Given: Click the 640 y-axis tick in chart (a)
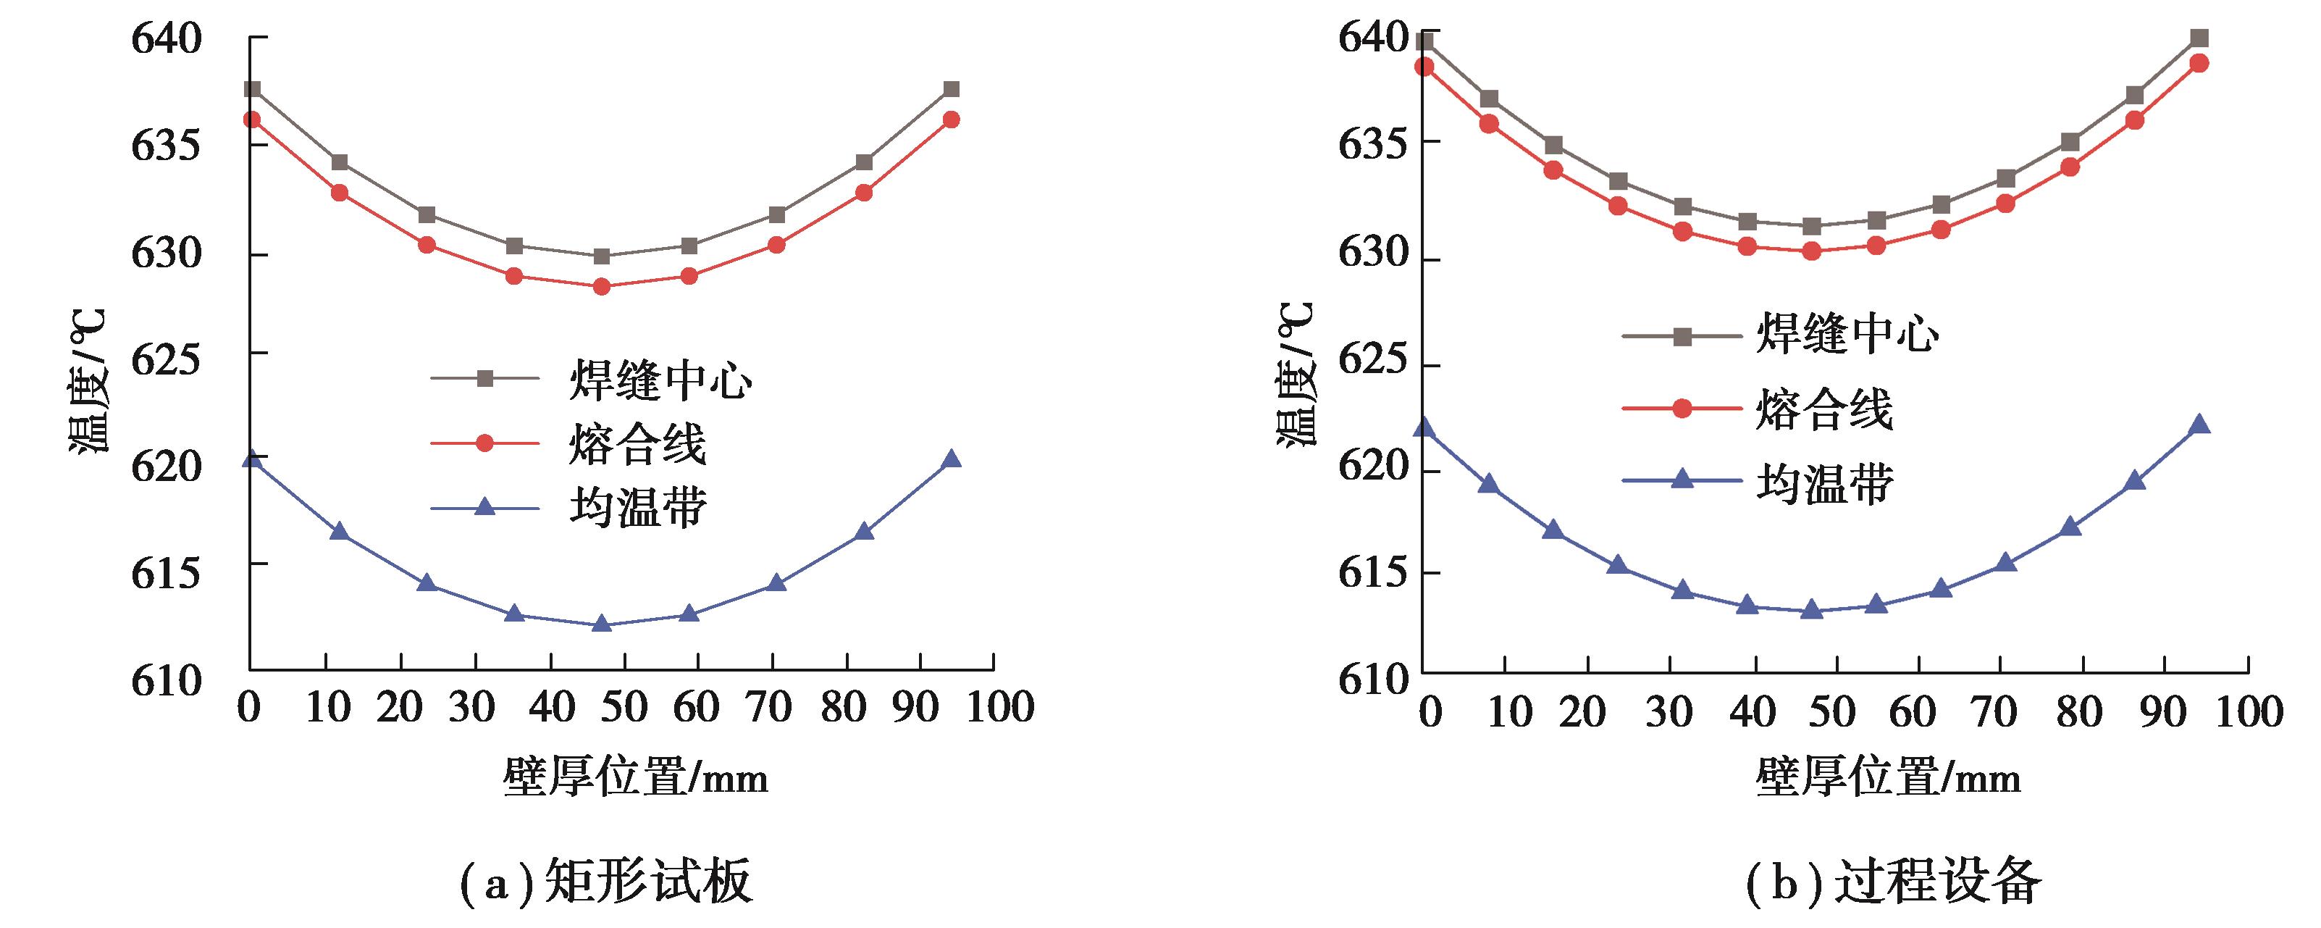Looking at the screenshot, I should point(167,40).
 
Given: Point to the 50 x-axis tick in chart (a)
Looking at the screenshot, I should point(624,708).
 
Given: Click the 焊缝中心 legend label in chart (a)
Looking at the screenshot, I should point(660,380).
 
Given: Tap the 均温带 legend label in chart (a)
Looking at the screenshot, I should point(638,508).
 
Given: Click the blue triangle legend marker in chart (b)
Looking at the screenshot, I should point(1682,480).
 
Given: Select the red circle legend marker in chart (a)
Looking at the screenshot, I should point(484,443).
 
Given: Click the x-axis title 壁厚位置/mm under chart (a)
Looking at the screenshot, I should point(635,777).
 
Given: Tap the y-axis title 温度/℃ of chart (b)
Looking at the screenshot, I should point(1296,374).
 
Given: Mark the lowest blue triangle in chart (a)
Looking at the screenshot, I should point(601,624).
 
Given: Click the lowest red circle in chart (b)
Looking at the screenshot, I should point(1812,251).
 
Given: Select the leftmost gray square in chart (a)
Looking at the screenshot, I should point(252,89).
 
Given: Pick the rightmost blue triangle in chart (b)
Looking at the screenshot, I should point(2199,425).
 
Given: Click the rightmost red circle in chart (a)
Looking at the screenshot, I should point(951,119).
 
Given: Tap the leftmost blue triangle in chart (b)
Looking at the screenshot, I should point(1424,426).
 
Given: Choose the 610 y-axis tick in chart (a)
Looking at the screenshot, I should point(167,681).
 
